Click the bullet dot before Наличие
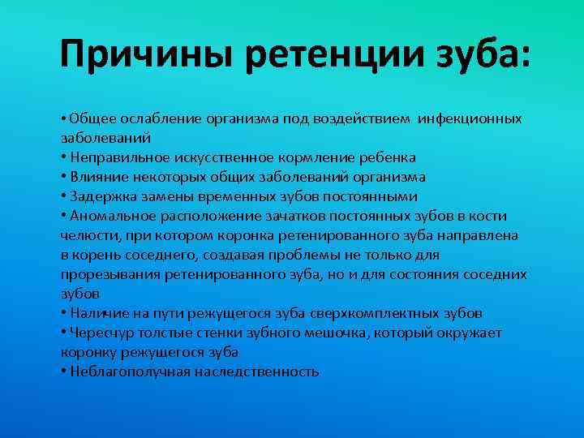click(64, 313)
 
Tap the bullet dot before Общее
click(64, 118)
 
